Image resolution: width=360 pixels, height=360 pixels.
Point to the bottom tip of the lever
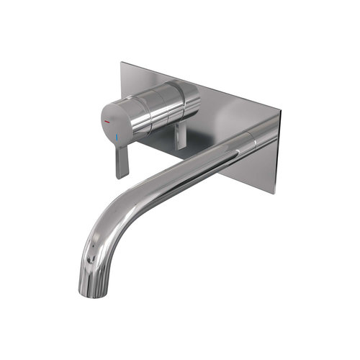[120, 176]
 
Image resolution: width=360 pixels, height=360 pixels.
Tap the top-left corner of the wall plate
[122, 64]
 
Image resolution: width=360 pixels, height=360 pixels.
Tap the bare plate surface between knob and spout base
[216, 122]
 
